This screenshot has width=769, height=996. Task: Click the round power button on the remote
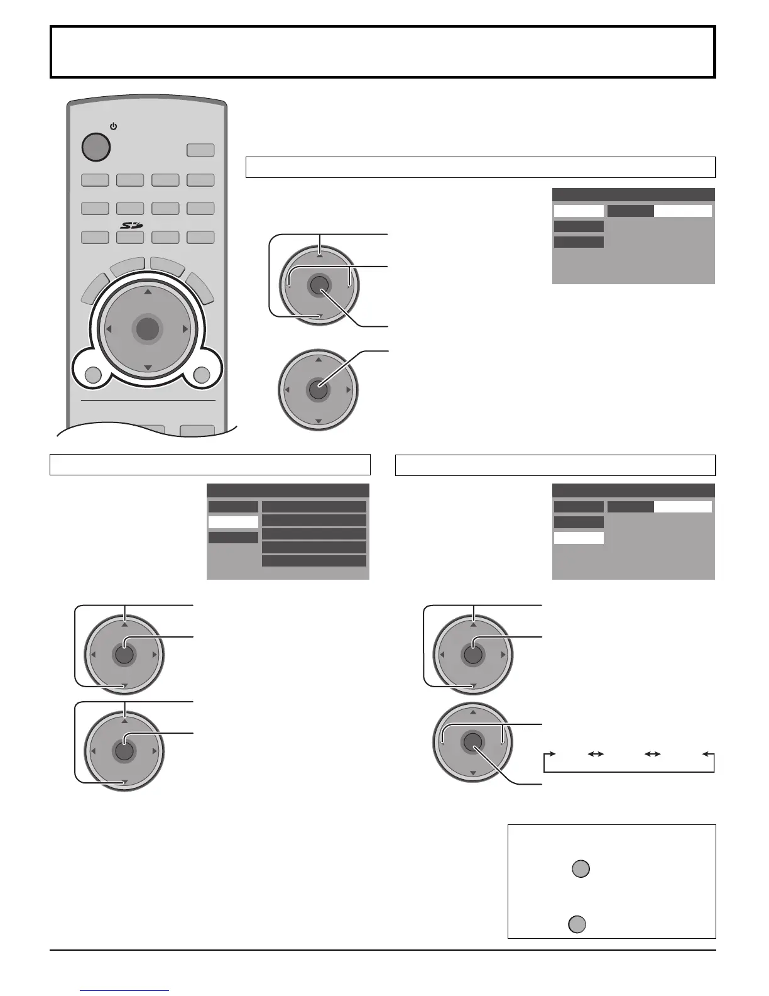[96, 147]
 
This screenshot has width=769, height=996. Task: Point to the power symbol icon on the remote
[113, 126]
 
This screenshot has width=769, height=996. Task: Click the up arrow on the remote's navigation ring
[147, 292]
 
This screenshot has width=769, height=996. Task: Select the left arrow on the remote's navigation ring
[109, 329]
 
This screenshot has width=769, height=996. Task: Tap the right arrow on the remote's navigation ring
[185, 329]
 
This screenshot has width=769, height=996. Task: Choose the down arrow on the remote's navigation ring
[147, 367]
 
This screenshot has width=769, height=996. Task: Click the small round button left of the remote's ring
[92, 375]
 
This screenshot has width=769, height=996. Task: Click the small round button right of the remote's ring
[202, 375]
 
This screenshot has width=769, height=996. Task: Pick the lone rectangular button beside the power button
[200, 150]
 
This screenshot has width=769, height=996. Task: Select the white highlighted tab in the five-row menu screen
[233, 522]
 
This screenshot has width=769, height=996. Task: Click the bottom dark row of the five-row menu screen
[314, 561]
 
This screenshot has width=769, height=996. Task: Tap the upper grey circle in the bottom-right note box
[581, 869]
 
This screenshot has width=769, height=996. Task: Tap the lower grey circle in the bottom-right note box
[577, 924]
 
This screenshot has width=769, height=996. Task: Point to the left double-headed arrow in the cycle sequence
[596, 753]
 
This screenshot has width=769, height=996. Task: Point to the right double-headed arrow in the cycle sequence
[653, 753]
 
